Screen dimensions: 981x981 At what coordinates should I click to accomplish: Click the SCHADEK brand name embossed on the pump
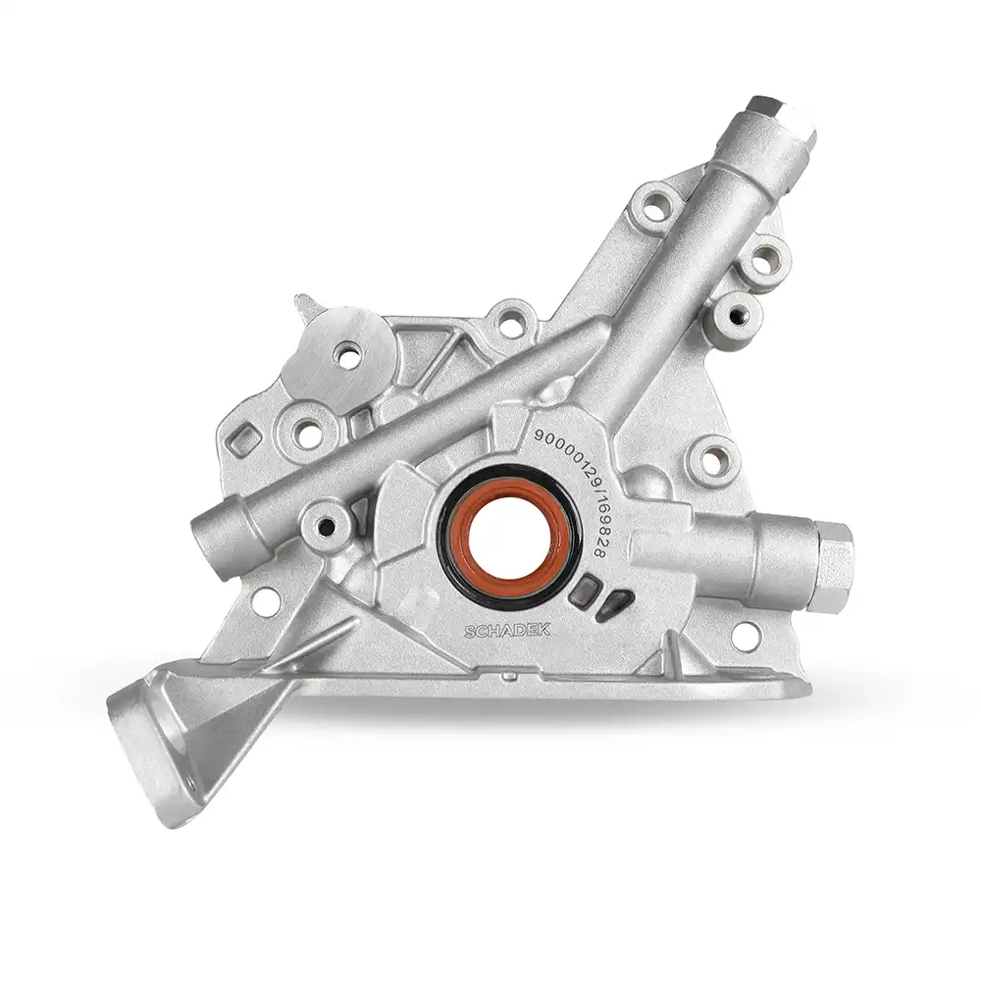[x=507, y=630]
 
